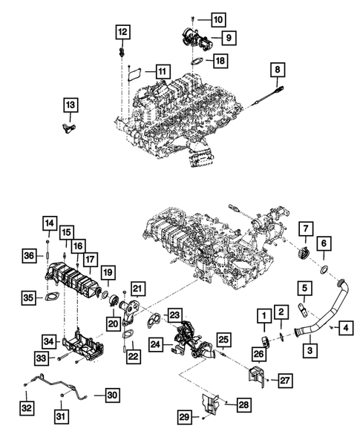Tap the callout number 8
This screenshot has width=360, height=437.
click(x=278, y=71)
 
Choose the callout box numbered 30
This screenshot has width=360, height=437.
click(x=111, y=394)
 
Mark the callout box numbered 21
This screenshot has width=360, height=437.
click(x=137, y=288)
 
